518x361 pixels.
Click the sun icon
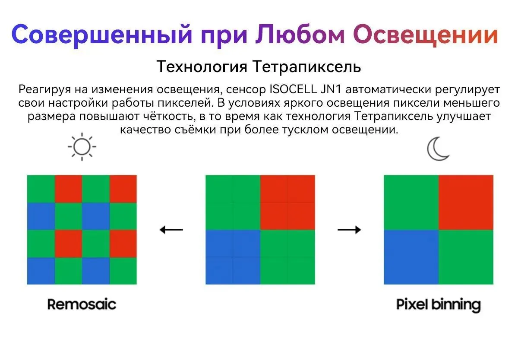[x=82, y=147]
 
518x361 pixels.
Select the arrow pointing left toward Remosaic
[x=171, y=230]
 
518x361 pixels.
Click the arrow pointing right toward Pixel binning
[x=349, y=230]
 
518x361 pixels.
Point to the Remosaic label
[x=82, y=304]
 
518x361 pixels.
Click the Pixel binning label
[x=439, y=305]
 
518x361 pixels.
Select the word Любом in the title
[x=300, y=34]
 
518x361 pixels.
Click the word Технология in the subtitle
[x=202, y=66]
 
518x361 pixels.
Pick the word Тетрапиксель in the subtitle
[x=306, y=66]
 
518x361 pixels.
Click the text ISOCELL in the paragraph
[x=293, y=89]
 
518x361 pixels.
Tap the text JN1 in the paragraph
[x=331, y=89]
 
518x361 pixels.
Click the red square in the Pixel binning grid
[x=466, y=203]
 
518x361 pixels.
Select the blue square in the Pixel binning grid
[x=411, y=257]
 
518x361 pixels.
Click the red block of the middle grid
[x=287, y=203]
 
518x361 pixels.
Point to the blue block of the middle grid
[x=233, y=257]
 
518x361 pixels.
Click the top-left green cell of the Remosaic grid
[x=41, y=189]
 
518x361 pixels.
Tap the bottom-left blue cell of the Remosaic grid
[x=41, y=271]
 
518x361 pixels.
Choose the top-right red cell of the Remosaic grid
[x=123, y=189]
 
